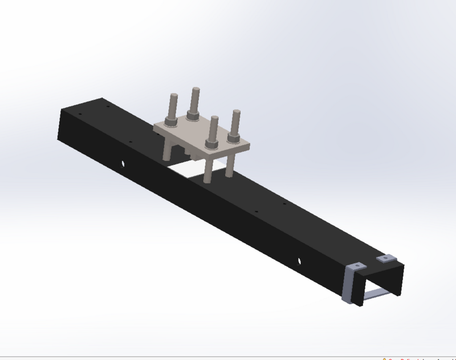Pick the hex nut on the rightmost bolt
233,137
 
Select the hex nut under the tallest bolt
193,116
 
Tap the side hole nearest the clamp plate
123,164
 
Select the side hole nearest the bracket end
299,261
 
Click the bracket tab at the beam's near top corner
357,266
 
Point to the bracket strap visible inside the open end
377,294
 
